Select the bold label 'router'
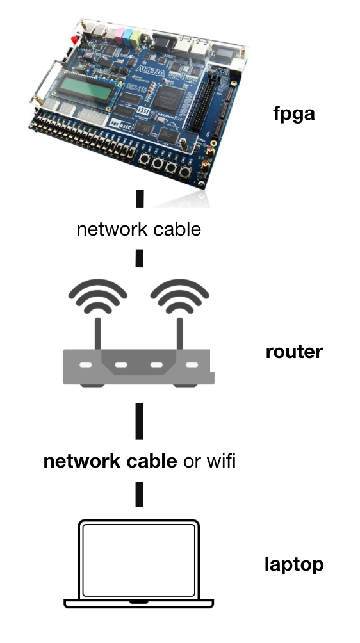pos(294,352)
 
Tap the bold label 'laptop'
pos(294,565)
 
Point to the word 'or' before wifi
pos(191,460)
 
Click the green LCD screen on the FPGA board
pos(84,88)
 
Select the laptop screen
pos(139,560)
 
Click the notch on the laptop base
pos(138,603)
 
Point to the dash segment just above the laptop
pos(139,495)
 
